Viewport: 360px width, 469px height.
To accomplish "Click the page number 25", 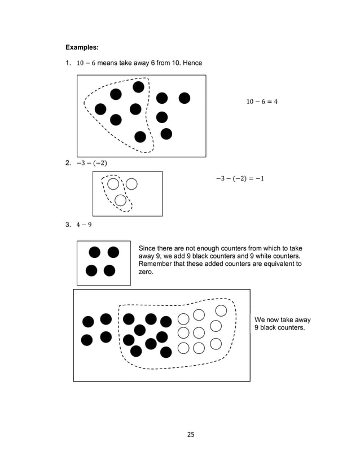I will (x=191, y=435).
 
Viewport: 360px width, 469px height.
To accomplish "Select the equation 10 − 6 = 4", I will (x=262, y=102).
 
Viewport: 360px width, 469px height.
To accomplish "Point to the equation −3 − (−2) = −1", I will (x=240, y=179).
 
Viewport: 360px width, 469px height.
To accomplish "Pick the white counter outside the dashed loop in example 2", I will (x=131, y=183).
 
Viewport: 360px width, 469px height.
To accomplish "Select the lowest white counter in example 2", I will (x=120, y=200).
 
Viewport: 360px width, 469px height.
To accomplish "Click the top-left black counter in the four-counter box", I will (x=95, y=252).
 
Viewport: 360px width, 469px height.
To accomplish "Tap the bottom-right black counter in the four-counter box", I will (x=109, y=270).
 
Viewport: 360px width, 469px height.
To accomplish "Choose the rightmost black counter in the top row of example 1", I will (x=184, y=98).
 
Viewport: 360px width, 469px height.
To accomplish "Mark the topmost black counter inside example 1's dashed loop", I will (x=138, y=87).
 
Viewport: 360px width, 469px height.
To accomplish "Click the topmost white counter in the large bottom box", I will (x=221, y=310).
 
